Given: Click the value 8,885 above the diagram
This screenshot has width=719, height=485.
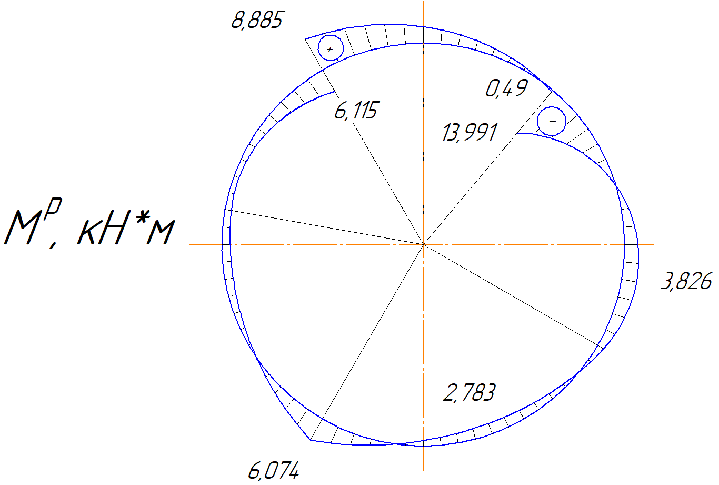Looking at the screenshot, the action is click(x=258, y=20).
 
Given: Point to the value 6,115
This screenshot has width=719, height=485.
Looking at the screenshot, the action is click(x=357, y=111).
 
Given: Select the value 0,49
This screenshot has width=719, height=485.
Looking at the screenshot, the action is click(x=506, y=88).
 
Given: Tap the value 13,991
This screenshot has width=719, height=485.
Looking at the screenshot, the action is click(x=470, y=132).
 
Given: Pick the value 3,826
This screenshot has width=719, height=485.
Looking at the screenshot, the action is click(x=686, y=281).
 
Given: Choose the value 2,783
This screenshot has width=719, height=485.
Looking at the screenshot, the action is click(x=469, y=392).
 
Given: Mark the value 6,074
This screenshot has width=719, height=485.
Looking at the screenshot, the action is click(x=274, y=471).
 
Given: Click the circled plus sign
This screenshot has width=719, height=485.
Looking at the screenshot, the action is click(x=331, y=48).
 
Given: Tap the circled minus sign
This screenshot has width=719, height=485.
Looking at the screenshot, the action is click(x=552, y=121).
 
